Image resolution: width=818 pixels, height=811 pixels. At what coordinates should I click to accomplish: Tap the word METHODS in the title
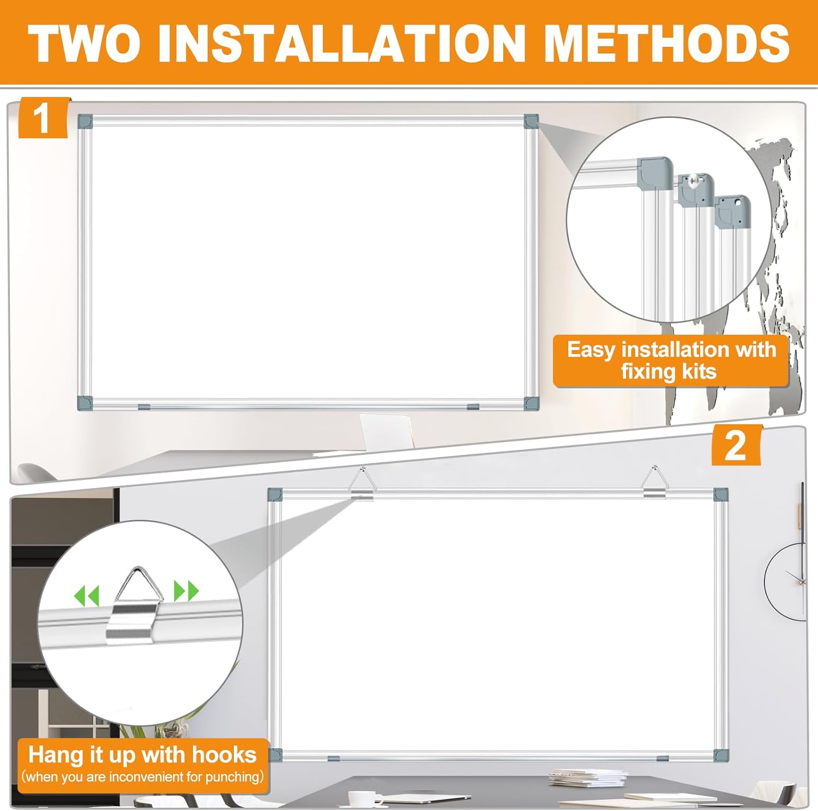(666, 44)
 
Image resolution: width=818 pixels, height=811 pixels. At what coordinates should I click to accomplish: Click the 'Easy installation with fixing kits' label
(671, 361)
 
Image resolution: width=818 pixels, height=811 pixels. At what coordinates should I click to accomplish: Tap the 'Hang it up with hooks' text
(142, 755)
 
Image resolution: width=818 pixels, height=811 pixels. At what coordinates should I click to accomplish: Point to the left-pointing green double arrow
(87, 596)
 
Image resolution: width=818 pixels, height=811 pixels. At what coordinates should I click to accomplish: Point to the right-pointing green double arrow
(186, 591)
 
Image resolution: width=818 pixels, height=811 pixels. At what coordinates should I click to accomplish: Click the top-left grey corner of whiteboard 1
(85, 121)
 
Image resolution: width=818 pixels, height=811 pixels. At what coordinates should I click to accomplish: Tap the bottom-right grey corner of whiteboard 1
(531, 404)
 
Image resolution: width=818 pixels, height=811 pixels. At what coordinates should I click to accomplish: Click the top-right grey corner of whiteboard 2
(721, 495)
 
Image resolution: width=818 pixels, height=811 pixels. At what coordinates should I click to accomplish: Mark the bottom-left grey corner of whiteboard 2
(276, 755)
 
